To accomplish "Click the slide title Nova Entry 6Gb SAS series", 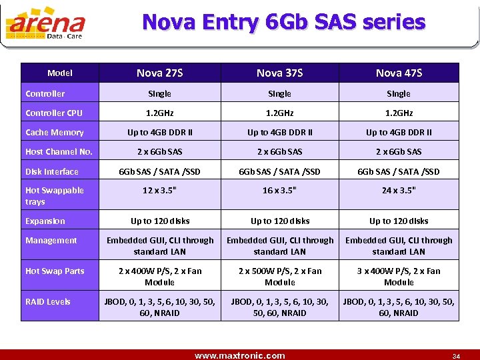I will [283, 22].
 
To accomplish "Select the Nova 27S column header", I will [159, 73].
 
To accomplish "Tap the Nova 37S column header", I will [279, 73].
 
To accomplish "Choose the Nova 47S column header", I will [399, 73].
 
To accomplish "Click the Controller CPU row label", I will [53, 113].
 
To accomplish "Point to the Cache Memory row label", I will [55, 132].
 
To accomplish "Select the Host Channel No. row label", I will [59, 151].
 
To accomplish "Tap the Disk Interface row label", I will [52, 171].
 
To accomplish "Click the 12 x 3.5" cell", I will [160, 191].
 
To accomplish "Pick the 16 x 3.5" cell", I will [279, 191].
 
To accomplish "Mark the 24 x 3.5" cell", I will [399, 191].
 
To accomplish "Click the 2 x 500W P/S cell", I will [279, 276].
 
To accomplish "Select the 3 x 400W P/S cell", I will [399, 276].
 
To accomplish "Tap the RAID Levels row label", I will [48, 301].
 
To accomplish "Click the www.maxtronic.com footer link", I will [239, 355].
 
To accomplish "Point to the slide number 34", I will [456, 355].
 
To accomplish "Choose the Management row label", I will [51, 240].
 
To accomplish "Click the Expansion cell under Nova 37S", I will [279, 221].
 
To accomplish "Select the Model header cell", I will [60, 73].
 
